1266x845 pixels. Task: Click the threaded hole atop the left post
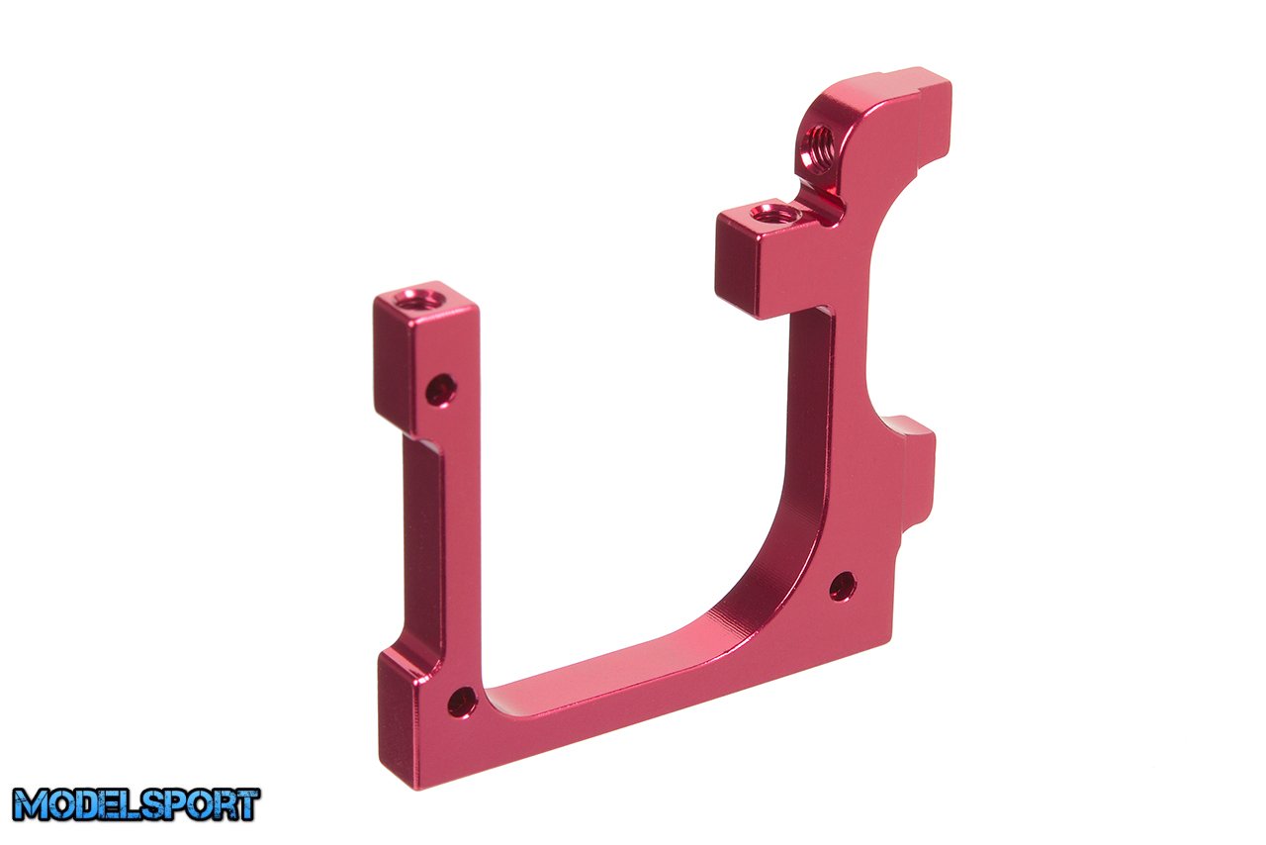tap(418, 300)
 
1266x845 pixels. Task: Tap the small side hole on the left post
tap(441, 390)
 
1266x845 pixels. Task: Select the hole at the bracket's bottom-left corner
tap(462, 702)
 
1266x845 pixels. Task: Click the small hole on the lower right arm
tap(843, 587)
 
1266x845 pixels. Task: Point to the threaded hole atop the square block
tap(774, 215)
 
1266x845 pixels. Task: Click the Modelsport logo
tap(136, 804)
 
